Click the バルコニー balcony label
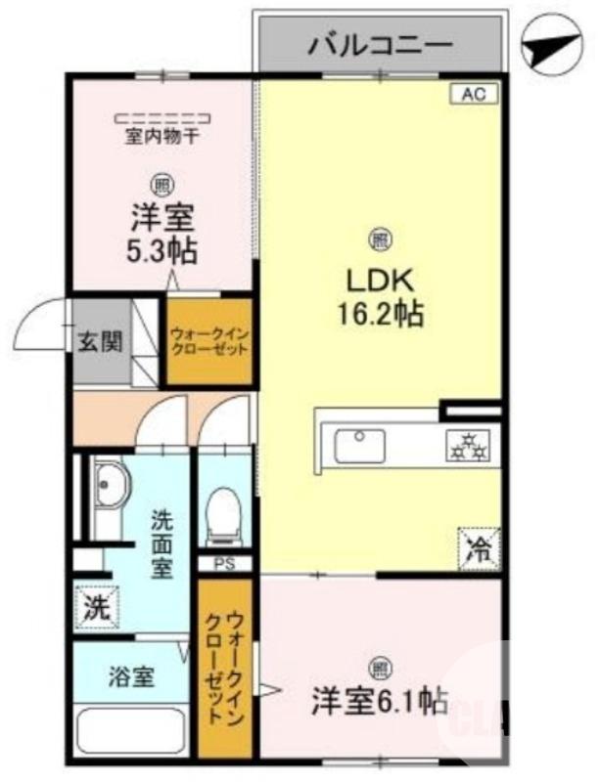pos(381,44)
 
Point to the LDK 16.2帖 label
pos(381,297)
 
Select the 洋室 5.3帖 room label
pos(162,233)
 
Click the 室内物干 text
pos(162,137)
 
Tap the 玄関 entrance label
pos(100,341)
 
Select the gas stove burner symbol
pos(467,446)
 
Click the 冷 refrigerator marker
pos(479,544)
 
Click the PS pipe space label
pos(224,564)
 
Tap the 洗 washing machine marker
pos(96,606)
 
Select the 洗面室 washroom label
pos(162,543)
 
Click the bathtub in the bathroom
pos(131,729)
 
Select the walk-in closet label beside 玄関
pos(208,340)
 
